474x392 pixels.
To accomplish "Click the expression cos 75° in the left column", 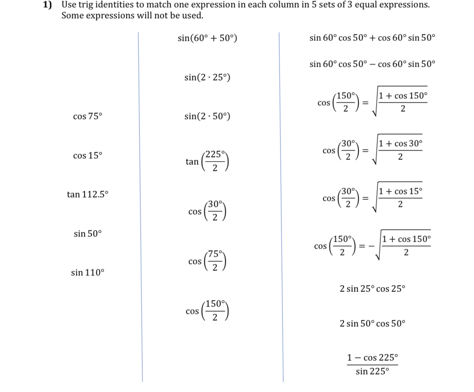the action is click(x=88, y=117).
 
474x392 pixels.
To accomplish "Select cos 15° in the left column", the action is click(x=88, y=156).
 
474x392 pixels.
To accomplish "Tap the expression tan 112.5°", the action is click(x=88, y=195).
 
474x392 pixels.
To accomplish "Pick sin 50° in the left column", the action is click(x=88, y=234).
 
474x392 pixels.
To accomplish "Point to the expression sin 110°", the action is click(x=88, y=273).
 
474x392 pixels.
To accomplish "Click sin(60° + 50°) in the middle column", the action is click(x=207, y=38).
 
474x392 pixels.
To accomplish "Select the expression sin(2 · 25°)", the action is click(x=207, y=77).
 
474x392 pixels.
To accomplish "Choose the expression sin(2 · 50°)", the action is click(x=207, y=117).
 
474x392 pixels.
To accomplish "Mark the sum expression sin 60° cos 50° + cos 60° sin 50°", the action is click(x=372, y=38).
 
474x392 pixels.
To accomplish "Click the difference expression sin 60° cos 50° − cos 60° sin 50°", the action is click(x=372, y=64).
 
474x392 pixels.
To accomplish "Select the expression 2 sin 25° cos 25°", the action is click(x=372, y=289).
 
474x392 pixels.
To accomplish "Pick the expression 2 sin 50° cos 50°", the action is click(x=372, y=324).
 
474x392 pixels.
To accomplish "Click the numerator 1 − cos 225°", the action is click(x=372, y=358).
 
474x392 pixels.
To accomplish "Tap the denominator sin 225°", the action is click(x=372, y=371).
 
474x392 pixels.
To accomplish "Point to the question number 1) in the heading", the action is click(x=48, y=5).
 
